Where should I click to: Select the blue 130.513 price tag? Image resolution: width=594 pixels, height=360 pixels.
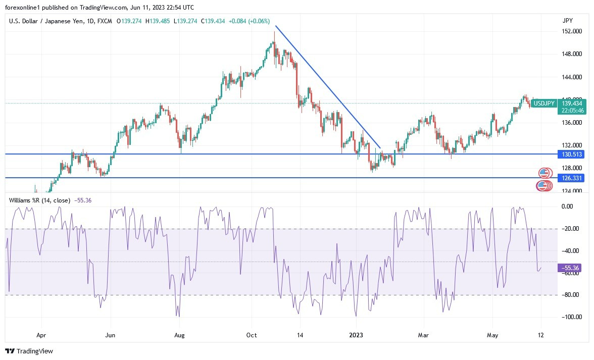572,154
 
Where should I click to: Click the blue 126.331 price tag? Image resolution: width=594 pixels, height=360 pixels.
572,178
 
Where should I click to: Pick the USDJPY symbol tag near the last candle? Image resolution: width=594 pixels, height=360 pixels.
544,103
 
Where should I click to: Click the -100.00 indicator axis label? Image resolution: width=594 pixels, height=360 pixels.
570,317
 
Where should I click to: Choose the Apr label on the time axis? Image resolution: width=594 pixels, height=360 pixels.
41,335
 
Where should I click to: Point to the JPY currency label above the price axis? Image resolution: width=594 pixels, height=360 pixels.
567,21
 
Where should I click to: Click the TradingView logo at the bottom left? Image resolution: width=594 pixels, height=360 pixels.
29,351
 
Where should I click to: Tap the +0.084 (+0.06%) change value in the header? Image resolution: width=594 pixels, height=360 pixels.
249,21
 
